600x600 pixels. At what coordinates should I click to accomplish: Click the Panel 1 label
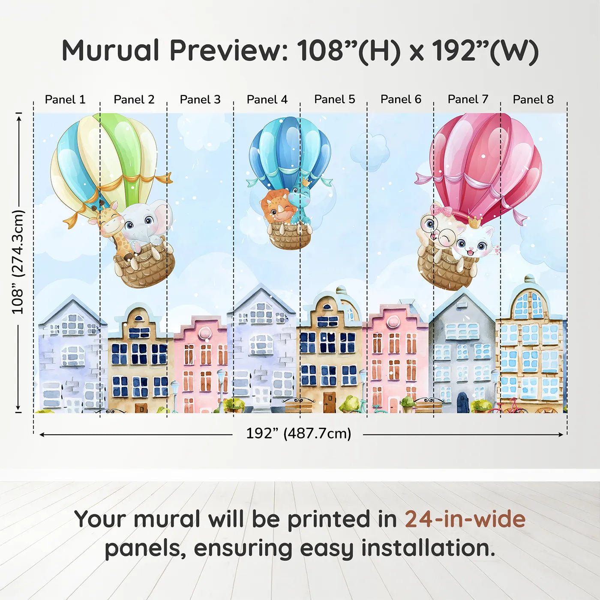click(65, 99)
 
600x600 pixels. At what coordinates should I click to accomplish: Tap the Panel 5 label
click(334, 99)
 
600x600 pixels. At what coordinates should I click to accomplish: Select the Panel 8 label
click(533, 99)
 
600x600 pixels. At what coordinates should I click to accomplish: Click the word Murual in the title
click(111, 51)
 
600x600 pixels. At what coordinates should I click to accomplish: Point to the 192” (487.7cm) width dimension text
click(299, 433)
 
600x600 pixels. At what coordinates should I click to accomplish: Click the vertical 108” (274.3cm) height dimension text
click(18, 262)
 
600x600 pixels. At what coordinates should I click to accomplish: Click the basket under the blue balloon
click(289, 236)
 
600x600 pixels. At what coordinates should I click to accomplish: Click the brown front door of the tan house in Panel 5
click(329, 402)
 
